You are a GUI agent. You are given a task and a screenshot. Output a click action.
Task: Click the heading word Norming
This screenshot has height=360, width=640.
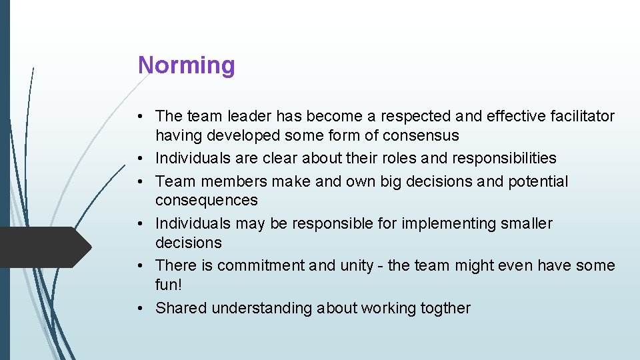(x=186, y=65)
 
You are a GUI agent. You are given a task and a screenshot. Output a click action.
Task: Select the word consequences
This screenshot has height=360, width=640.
(x=206, y=201)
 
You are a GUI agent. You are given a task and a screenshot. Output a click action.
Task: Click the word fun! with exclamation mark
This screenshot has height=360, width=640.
(x=168, y=285)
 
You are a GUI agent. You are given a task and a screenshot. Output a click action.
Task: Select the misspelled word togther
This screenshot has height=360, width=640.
(x=445, y=308)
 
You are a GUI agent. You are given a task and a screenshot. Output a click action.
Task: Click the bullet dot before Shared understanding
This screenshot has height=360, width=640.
(x=143, y=308)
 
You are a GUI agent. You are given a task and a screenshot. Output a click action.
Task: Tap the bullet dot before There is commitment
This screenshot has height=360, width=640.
(x=143, y=265)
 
